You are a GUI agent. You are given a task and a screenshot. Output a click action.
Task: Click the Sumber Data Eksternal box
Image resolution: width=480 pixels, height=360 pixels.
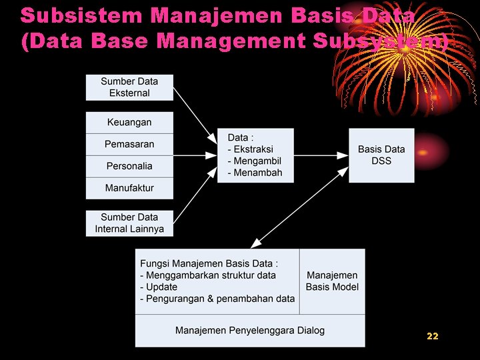point(129,87)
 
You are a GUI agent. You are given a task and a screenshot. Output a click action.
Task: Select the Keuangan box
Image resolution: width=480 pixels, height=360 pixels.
point(129,123)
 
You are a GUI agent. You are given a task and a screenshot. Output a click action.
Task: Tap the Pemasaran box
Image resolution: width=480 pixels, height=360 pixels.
point(129,144)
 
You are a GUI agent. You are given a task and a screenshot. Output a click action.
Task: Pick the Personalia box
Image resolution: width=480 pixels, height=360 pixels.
point(129,166)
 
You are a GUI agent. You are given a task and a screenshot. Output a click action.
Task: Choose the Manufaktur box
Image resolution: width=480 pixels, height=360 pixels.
point(129,188)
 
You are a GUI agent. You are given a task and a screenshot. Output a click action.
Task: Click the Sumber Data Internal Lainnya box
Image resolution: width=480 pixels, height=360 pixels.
point(129,223)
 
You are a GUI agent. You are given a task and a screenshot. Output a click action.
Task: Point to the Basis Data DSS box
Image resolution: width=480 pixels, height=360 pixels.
point(381,155)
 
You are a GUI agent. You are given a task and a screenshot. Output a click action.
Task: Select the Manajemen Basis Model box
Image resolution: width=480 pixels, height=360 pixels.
point(332,281)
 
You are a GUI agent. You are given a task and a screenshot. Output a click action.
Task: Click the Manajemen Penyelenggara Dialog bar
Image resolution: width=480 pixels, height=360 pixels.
point(250,331)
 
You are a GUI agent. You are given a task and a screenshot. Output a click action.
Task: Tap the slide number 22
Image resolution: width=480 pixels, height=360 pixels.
point(433,336)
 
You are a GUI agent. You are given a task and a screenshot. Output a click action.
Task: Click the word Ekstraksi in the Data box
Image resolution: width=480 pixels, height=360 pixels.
point(253,149)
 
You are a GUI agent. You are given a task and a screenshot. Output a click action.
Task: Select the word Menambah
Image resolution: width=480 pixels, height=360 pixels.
point(258,173)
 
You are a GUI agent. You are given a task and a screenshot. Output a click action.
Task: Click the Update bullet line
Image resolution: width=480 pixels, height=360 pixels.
point(161,287)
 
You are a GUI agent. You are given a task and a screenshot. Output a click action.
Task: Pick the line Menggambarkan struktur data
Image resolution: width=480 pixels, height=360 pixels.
point(208,275)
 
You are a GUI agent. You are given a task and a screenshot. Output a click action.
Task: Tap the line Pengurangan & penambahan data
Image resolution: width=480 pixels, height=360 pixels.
point(217,299)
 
